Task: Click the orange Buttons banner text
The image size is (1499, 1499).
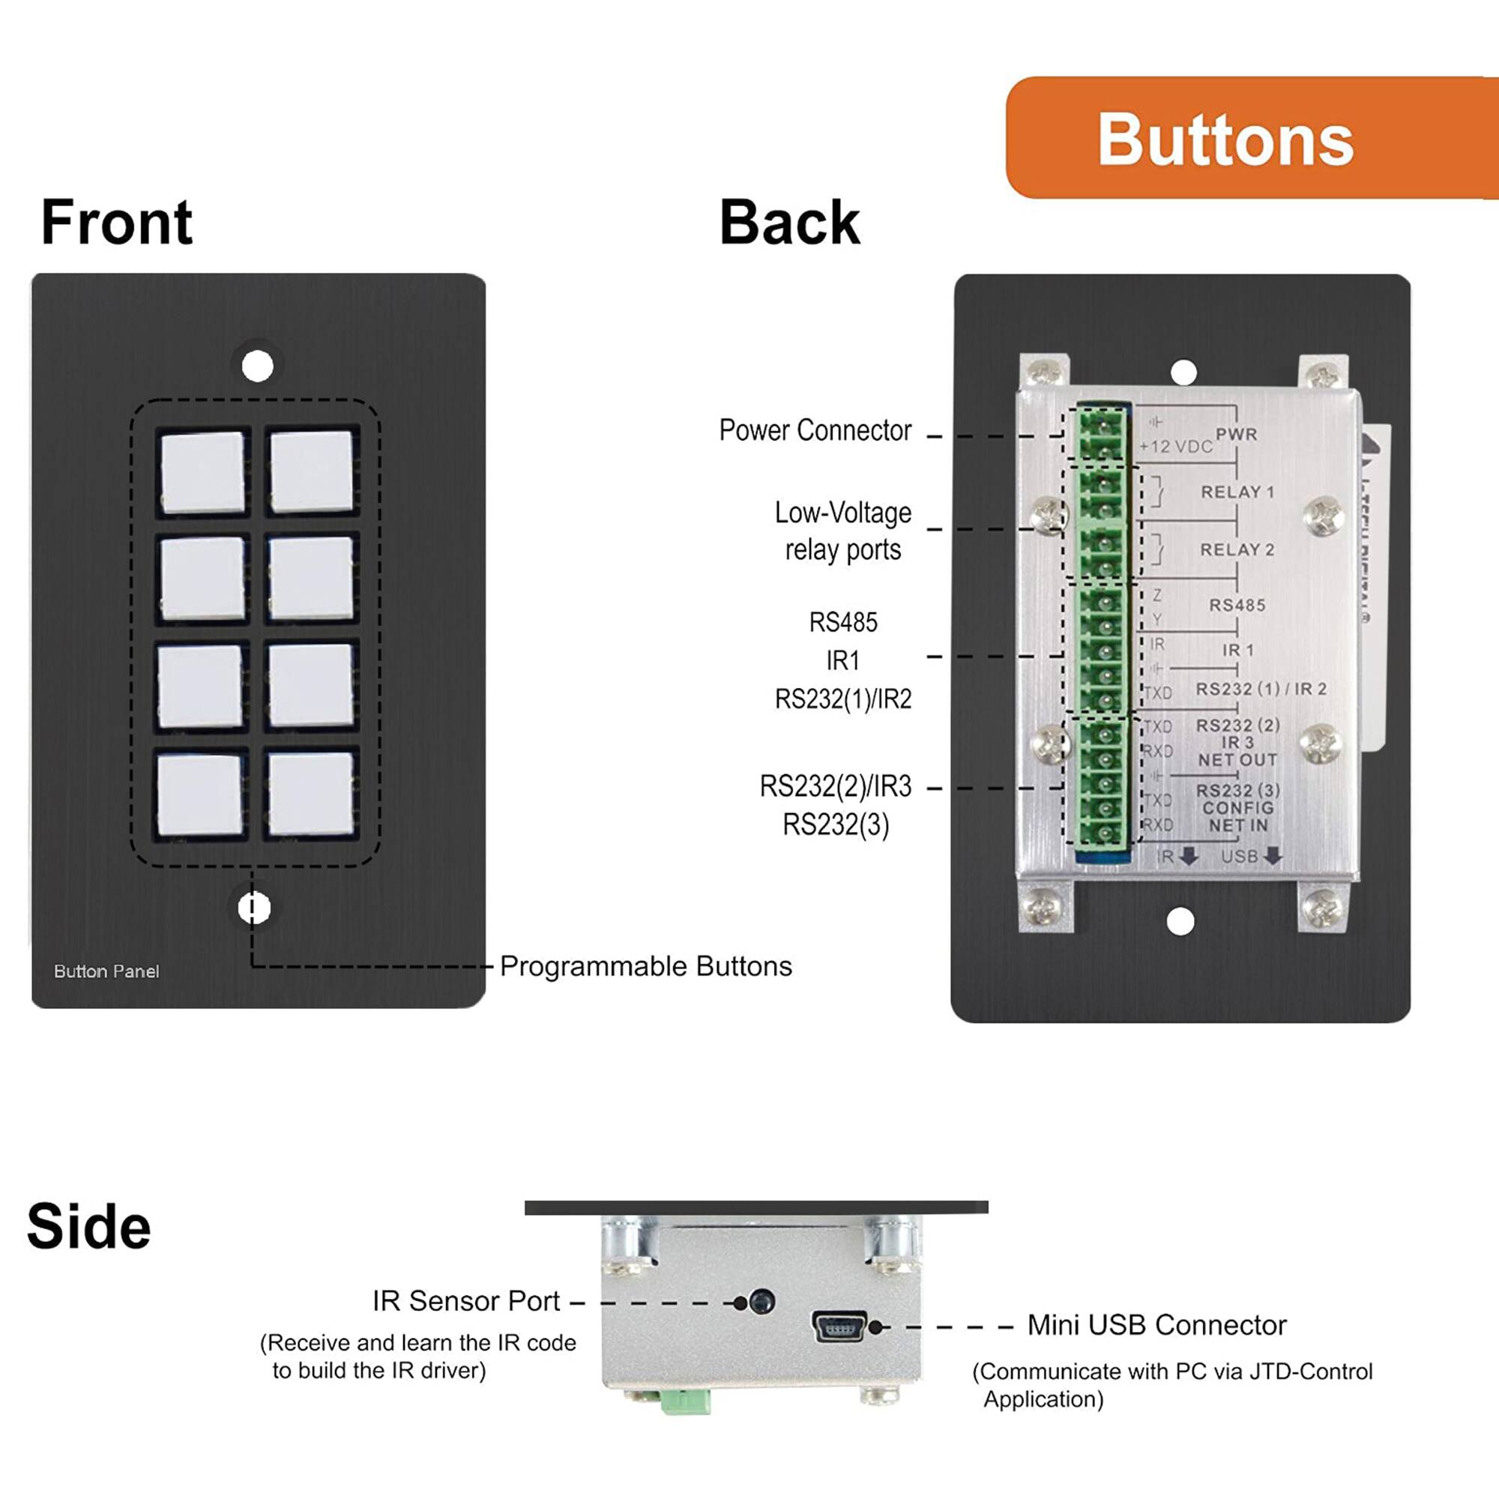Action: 1225,139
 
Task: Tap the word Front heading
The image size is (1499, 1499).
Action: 116,223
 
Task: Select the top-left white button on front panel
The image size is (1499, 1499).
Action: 202,471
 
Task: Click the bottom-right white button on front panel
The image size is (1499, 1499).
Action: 310,794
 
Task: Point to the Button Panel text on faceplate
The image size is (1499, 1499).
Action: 106,971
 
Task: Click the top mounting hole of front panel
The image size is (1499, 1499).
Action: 258,366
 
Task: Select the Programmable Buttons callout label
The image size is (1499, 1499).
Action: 645,967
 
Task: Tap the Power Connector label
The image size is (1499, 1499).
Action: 815,431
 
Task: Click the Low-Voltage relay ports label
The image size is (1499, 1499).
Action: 842,531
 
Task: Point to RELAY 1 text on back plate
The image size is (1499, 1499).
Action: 1237,492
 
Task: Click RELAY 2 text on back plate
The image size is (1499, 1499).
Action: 1237,549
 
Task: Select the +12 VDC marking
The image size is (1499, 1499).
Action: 1174,447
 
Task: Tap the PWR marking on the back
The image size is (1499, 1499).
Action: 1236,434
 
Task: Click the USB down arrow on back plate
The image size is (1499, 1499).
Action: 1272,857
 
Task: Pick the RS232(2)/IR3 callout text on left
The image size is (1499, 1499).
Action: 835,787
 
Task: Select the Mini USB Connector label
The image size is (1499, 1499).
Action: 1156,1325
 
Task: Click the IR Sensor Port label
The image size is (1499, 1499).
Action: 465,1301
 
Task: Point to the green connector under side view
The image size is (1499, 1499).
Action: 686,1402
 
